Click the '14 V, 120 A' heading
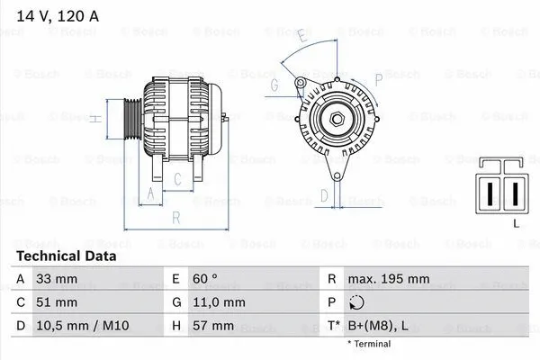[56, 14]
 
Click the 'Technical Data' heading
[66, 256]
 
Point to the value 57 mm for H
[213, 325]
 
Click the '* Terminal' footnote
[369, 343]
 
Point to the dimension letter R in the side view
[176, 217]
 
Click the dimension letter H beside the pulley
[94, 118]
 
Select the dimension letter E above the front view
[302, 38]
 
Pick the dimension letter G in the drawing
[274, 85]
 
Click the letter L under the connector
[514, 221]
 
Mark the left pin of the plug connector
[491, 191]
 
